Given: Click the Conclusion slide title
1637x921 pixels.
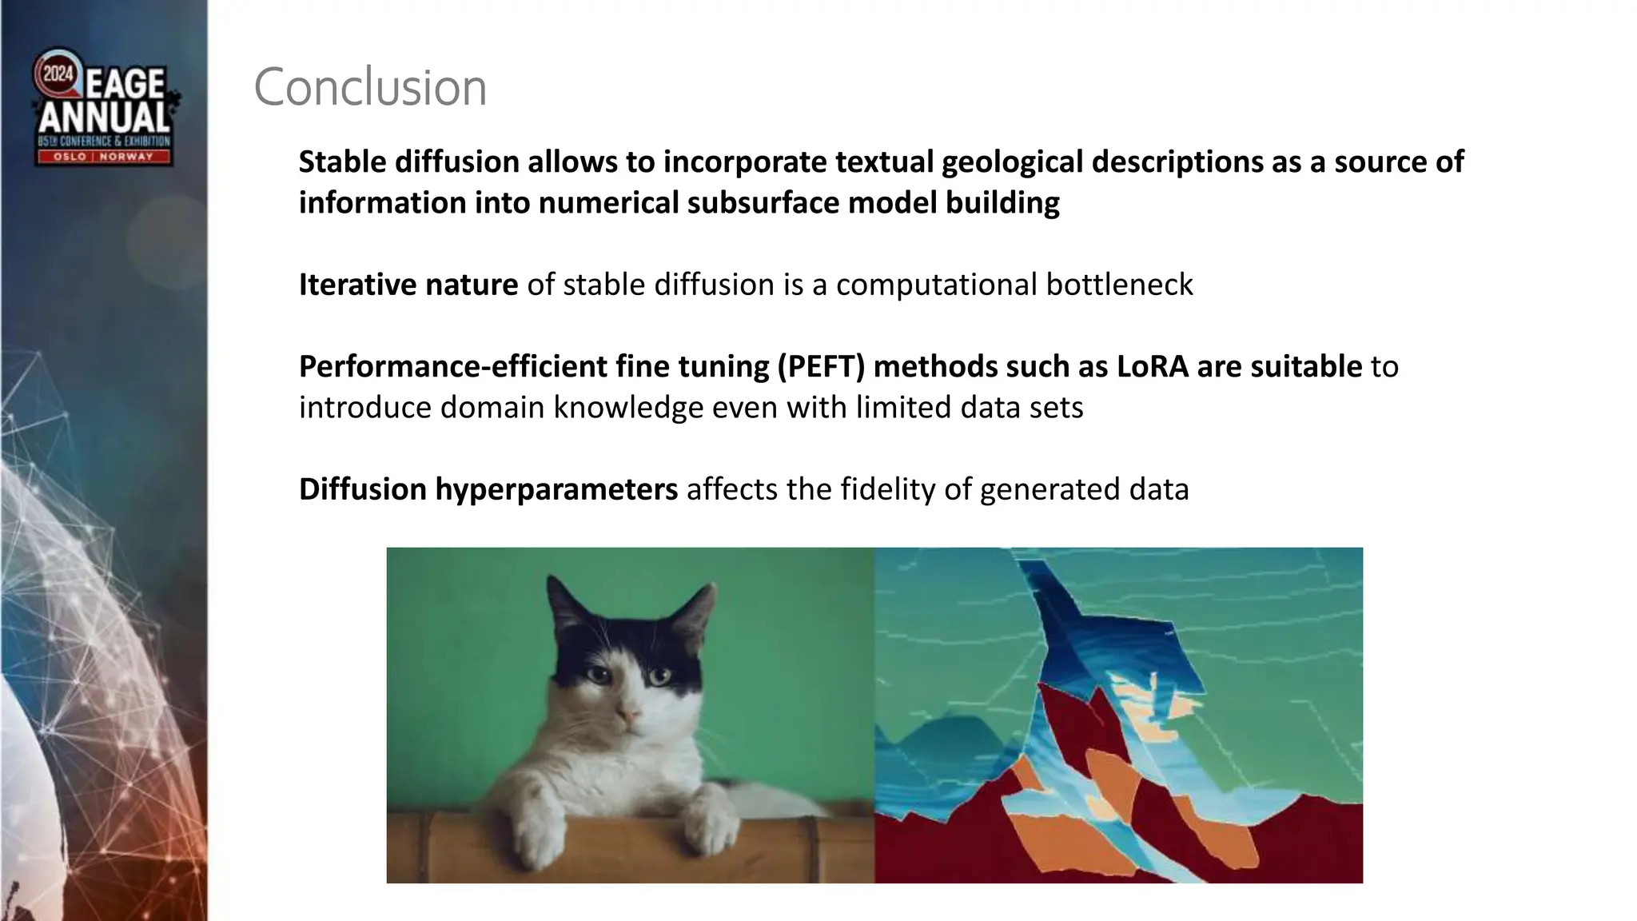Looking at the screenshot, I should (370, 87).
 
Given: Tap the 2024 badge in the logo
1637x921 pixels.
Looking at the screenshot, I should (58, 74).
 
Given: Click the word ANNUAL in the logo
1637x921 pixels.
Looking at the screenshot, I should (104, 118).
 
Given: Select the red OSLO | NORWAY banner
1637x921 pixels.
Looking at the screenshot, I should (103, 157).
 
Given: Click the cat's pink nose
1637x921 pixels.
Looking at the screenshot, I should (629, 712).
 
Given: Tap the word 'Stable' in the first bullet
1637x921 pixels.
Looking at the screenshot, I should (342, 162).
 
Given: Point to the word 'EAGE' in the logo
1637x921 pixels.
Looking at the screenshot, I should (125, 83).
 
